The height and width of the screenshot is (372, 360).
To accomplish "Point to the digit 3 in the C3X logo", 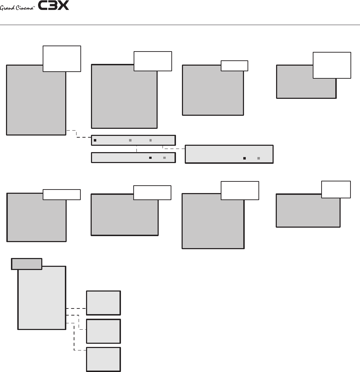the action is [52, 6].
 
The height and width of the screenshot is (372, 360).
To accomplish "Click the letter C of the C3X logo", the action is [42, 6].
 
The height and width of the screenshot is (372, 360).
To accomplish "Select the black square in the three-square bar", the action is [95, 140].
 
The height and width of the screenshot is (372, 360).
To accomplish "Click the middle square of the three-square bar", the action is [130, 140].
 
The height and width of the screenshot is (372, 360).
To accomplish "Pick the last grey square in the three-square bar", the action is [151, 140].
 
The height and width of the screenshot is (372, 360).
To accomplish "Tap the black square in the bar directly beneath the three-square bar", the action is [150, 158].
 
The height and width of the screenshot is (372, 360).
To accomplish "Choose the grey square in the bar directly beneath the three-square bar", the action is [165, 158].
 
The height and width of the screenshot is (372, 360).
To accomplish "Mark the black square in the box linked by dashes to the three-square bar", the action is [244, 158].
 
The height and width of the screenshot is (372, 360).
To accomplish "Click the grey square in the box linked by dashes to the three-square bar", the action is [258, 158].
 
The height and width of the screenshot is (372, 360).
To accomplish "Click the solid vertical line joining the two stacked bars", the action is [136, 149].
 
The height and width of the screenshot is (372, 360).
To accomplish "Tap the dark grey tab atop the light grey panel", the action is [26, 264].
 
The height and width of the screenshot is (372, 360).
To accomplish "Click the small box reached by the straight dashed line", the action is [104, 302].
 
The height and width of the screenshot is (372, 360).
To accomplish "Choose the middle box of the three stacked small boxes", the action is [104, 331].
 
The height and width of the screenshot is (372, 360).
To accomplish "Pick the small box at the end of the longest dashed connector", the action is [104, 359].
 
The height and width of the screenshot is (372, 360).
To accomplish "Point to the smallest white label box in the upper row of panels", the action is [234, 66].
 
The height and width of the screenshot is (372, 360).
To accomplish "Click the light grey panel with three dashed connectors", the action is [42, 298].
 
